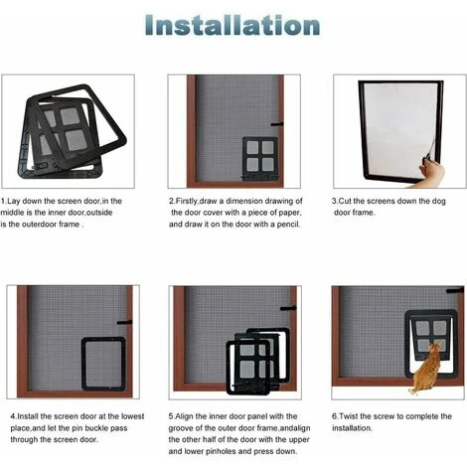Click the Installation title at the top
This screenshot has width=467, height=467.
click(x=233, y=25)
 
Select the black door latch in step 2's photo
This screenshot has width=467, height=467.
click(x=277, y=124)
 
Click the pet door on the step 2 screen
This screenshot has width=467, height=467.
click(x=260, y=158)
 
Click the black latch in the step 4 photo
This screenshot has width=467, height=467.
click(x=124, y=322)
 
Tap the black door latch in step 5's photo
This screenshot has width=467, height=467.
click(x=288, y=308)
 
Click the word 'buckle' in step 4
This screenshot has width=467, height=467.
click(x=97, y=428)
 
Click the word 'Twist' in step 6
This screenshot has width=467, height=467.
click(x=348, y=416)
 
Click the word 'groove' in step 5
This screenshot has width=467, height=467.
click(x=181, y=428)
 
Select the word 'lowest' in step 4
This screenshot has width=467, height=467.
click(x=132, y=416)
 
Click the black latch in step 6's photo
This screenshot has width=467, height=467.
click(x=455, y=291)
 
